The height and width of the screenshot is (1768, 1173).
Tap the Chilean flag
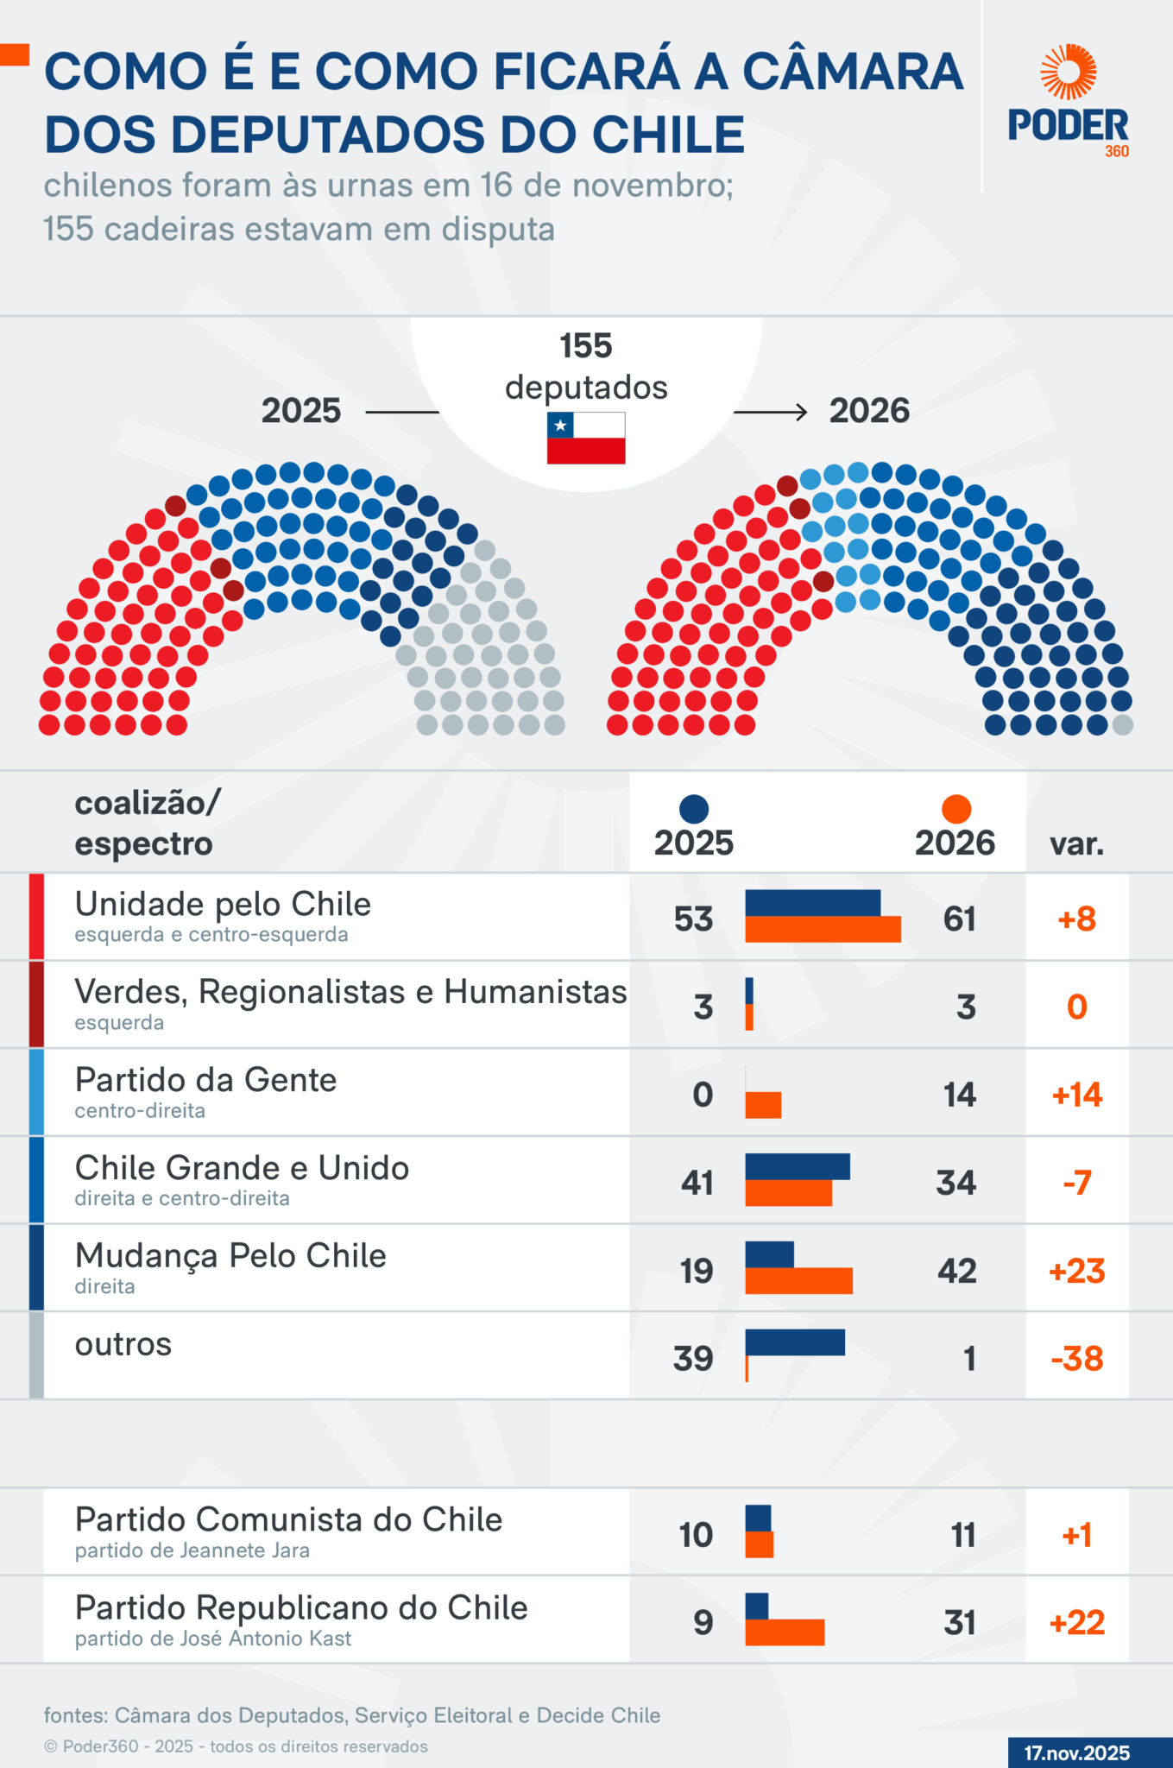click(x=586, y=438)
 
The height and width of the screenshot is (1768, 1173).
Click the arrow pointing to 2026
click(x=771, y=412)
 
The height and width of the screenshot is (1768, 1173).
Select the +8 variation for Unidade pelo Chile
click(x=1076, y=919)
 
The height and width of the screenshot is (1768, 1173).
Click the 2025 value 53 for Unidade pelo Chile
click(x=694, y=919)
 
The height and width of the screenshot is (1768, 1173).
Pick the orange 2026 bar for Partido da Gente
click(x=763, y=1105)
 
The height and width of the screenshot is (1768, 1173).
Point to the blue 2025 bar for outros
click(x=795, y=1342)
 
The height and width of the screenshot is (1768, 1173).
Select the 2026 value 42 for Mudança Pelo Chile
click(x=957, y=1271)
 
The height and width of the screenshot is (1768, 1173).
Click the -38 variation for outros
click(x=1076, y=1359)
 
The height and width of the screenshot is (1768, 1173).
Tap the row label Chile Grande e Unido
click(x=242, y=1168)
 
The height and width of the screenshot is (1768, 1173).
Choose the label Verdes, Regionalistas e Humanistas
click(x=350, y=993)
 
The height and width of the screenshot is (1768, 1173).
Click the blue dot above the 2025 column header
click(x=694, y=809)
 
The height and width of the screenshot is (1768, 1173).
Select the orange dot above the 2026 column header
click(x=956, y=809)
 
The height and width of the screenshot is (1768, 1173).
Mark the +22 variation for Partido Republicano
click(x=1076, y=1623)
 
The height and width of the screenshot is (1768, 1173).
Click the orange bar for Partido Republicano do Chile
click(x=785, y=1632)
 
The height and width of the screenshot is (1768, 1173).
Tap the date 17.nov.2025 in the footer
click(x=1076, y=1752)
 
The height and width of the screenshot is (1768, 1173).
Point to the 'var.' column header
click(x=1076, y=843)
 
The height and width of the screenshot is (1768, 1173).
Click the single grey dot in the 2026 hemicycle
click(x=1122, y=725)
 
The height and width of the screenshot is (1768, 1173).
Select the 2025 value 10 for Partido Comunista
click(x=696, y=1535)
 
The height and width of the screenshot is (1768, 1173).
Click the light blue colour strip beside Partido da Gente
click(x=36, y=1092)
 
